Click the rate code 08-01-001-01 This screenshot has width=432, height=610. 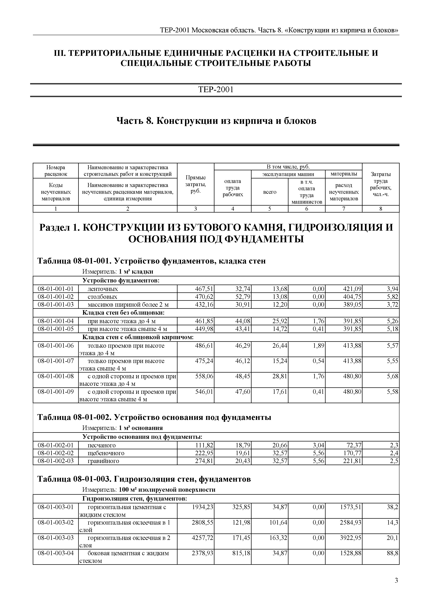tap(56, 289)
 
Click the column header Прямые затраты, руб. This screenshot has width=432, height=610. tap(195, 184)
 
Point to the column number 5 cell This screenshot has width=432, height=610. tap(269, 209)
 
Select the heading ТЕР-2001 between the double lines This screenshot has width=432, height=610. tap(216, 90)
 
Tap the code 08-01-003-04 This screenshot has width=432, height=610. tap(56, 553)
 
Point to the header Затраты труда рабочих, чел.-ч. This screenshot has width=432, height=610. tap(380, 184)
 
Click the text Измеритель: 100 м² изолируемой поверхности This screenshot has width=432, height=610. tap(149, 490)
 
